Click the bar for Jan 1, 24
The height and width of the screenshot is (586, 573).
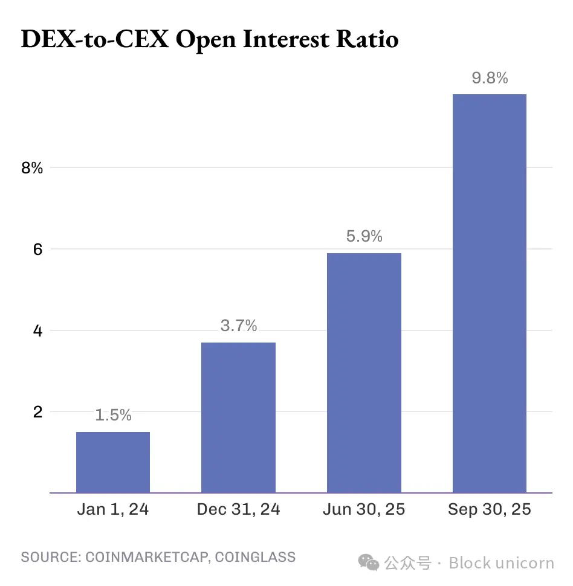[113, 462]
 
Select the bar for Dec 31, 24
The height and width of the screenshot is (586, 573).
[238, 417]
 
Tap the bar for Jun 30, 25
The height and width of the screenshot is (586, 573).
[364, 373]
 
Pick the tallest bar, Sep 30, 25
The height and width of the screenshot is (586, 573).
[489, 294]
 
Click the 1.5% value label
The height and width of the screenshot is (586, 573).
[113, 415]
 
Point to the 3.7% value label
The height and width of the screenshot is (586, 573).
[238, 326]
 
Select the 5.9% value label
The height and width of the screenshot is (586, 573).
[364, 236]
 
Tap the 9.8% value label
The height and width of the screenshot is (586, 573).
[489, 78]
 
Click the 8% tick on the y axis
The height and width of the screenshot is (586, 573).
[32, 168]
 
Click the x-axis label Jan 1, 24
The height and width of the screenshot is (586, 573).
[113, 509]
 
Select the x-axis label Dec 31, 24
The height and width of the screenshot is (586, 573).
[238, 509]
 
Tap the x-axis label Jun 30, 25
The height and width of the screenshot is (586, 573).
[364, 509]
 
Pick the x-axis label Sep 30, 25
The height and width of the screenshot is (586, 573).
[489, 509]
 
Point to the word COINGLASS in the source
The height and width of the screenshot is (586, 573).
[255, 556]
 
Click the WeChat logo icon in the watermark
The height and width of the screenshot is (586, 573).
[369, 562]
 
